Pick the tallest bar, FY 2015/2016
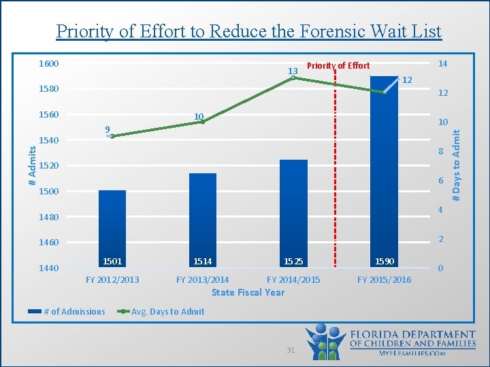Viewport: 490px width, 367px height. (x=384, y=170)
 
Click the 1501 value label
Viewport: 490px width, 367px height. (x=112, y=262)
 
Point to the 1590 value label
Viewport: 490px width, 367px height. (x=384, y=262)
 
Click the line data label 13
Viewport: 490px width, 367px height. (x=293, y=71)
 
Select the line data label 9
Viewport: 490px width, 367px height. (x=108, y=129)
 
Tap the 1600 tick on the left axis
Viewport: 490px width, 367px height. (x=48, y=64)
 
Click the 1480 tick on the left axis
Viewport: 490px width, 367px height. (x=48, y=217)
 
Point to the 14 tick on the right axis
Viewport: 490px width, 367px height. (x=442, y=64)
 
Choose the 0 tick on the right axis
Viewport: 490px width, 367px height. (x=440, y=268)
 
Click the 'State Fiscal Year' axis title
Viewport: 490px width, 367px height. (x=248, y=292)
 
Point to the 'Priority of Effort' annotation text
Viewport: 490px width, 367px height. (x=338, y=66)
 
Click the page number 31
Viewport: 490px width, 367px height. (x=291, y=350)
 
